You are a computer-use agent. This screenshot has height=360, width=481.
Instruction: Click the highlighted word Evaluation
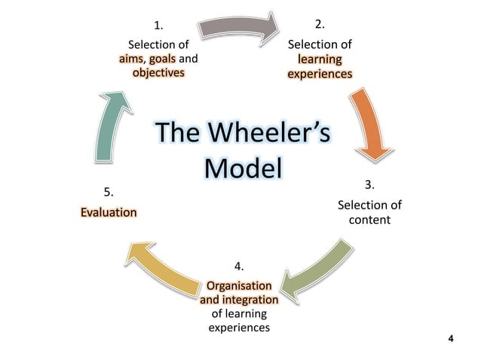pos(109,212)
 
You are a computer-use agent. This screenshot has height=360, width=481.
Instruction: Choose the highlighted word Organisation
pos(239,286)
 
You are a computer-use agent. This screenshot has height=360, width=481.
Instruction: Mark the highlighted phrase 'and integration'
pos(239,301)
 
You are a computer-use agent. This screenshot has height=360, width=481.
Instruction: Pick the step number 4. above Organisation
pos(239,267)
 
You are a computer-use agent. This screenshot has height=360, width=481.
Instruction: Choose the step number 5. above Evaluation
pos(108,194)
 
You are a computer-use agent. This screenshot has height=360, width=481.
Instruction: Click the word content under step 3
pos(369,220)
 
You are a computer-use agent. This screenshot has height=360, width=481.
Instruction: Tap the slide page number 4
pos(451,340)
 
